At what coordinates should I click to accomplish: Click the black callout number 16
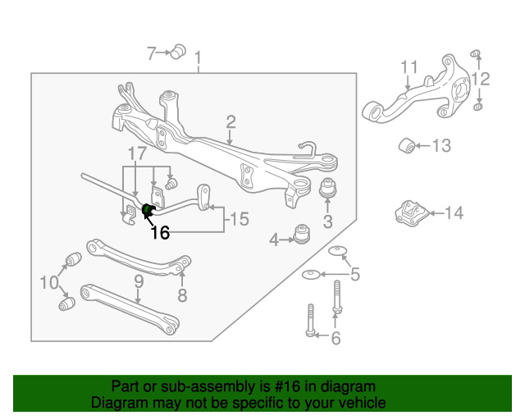pyautogui.click(x=160, y=232)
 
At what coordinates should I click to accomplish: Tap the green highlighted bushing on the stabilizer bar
pyautogui.click(x=148, y=210)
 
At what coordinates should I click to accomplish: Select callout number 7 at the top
pyautogui.click(x=151, y=53)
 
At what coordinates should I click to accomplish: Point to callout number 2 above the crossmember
pyautogui.click(x=231, y=122)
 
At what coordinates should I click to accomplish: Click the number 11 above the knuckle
pyautogui.click(x=409, y=67)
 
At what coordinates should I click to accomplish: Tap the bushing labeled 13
pyautogui.click(x=407, y=145)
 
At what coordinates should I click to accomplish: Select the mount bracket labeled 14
pyautogui.click(x=412, y=212)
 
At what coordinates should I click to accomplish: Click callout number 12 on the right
pyautogui.click(x=481, y=80)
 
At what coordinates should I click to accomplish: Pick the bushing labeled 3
pyautogui.click(x=327, y=188)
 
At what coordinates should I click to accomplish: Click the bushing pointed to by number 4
pyautogui.click(x=302, y=234)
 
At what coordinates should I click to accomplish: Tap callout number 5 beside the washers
pyautogui.click(x=354, y=274)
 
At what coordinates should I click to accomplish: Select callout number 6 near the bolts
pyautogui.click(x=336, y=338)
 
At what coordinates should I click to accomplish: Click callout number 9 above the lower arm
pyautogui.click(x=139, y=281)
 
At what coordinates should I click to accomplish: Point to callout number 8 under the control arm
pyautogui.click(x=182, y=295)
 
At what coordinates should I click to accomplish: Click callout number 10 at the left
pyautogui.click(x=49, y=282)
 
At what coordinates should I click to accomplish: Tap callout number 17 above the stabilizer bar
pyautogui.click(x=138, y=153)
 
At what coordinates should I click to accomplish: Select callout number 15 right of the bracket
pyautogui.click(x=240, y=219)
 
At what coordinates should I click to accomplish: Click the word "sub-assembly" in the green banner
pyautogui.click(x=208, y=386)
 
